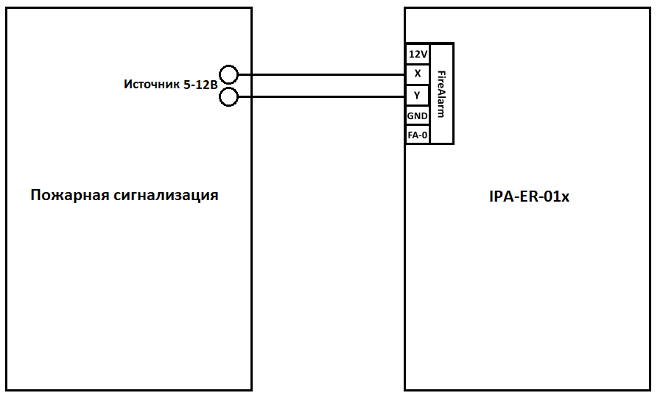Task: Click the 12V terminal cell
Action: (x=418, y=54)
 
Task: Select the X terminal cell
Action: (x=418, y=74)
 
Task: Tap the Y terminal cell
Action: (x=418, y=96)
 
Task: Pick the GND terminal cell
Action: (x=418, y=116)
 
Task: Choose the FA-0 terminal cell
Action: (x=418, y=135)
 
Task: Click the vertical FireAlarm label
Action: (x=441, y=93)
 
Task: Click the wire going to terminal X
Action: (x=321, y=75)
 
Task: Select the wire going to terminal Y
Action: (x=321, y=97)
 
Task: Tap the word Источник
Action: (x=152, y=85)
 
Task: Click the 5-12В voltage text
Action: (x=200, y=85)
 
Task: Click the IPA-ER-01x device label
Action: (x=529, y=196)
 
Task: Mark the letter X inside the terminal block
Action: (x=418, y=74)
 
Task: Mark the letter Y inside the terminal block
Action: (x=418, y=96)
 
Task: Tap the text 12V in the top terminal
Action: (x=418, y=54)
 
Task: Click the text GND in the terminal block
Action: (x=418, y=116)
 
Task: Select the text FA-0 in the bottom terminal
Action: (x=418, y=135)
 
